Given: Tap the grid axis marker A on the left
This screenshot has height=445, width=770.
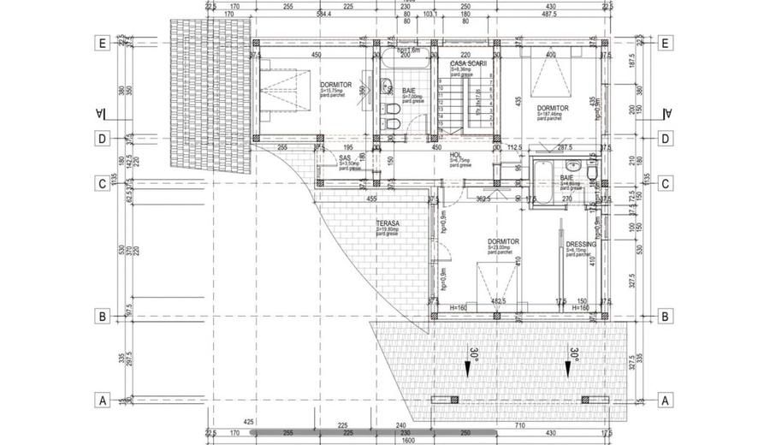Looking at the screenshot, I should click(x=102, y=399).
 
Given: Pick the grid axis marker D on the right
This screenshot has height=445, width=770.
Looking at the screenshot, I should click(x=665, y=139).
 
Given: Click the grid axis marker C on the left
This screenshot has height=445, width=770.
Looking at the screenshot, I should click(x=102, y=182).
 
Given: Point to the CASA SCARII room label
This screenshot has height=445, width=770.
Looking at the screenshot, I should click(x=466, y=64).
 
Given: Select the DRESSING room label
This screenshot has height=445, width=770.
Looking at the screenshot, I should click(x=581, y=244).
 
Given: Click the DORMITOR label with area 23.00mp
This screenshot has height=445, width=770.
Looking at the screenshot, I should click(x=504, y=242).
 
